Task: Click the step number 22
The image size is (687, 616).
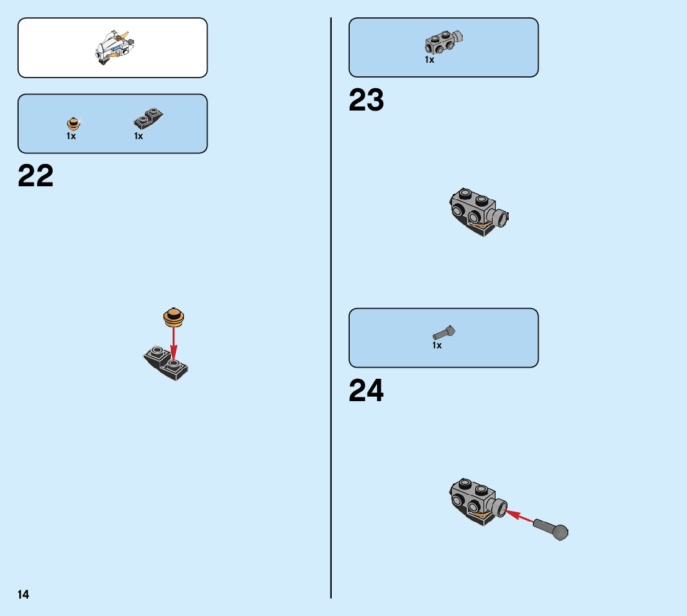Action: (36, 176)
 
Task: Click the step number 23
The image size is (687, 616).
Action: (366, 100)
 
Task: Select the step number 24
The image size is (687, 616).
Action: (366, 391)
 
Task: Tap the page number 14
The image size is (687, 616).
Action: (24, 595)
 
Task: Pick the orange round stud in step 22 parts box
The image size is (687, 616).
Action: (73, 123)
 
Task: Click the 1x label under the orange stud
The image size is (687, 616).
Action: (71, 136)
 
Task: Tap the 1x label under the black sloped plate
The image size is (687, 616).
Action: (139, 136)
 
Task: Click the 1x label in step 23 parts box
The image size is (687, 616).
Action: (429, 60)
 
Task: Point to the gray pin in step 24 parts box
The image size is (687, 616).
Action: (445, 333)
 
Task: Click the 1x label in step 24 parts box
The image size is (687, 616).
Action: (437, 345)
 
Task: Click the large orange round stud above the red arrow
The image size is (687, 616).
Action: (174, 317)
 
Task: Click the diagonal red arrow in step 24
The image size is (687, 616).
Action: (519, 517)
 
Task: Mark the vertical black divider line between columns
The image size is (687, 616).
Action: (331, 310)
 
